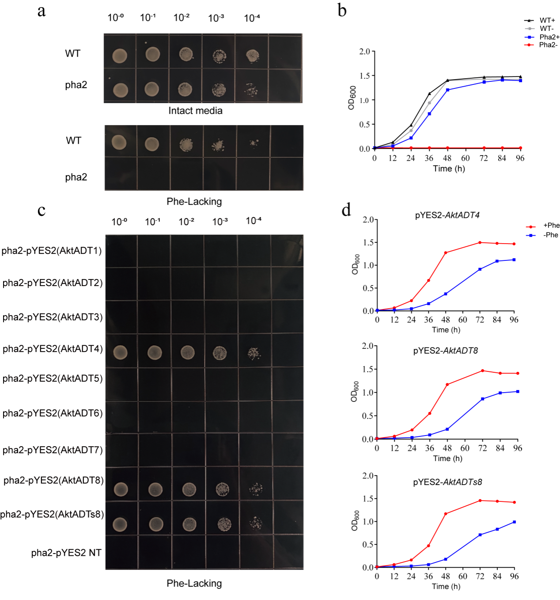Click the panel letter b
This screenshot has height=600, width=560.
coord(342,10)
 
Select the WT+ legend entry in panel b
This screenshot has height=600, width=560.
coord(547,20)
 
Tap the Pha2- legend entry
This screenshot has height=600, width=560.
coord(548,45)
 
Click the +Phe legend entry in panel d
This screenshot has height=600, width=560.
coord(551,225)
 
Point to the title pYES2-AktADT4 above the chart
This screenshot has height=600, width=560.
coord(447,215)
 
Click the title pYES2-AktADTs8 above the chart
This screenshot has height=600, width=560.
coord(447,482)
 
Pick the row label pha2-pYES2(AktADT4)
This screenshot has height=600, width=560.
coord(53,349)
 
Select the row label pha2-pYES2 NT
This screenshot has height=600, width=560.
coord(66,553)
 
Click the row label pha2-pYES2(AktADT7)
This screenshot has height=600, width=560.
coord(53,450)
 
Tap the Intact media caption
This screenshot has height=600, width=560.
coord(195,111)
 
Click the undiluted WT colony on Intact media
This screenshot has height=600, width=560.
coord(120,56)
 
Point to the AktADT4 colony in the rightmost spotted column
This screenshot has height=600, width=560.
coord(254,353)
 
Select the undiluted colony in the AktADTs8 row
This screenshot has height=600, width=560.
coord(120,524)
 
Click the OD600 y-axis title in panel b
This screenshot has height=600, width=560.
coord(352,98)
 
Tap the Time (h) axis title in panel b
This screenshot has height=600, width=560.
coord(449,168)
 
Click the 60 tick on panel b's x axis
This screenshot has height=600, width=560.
coord(465,158)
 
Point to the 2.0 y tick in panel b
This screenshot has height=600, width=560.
coord(365,52)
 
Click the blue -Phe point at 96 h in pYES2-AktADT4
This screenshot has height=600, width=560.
coord(514,260)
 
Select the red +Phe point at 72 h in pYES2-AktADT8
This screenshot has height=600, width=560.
coord(483,371)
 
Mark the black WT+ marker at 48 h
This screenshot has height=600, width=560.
coord(447,80)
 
